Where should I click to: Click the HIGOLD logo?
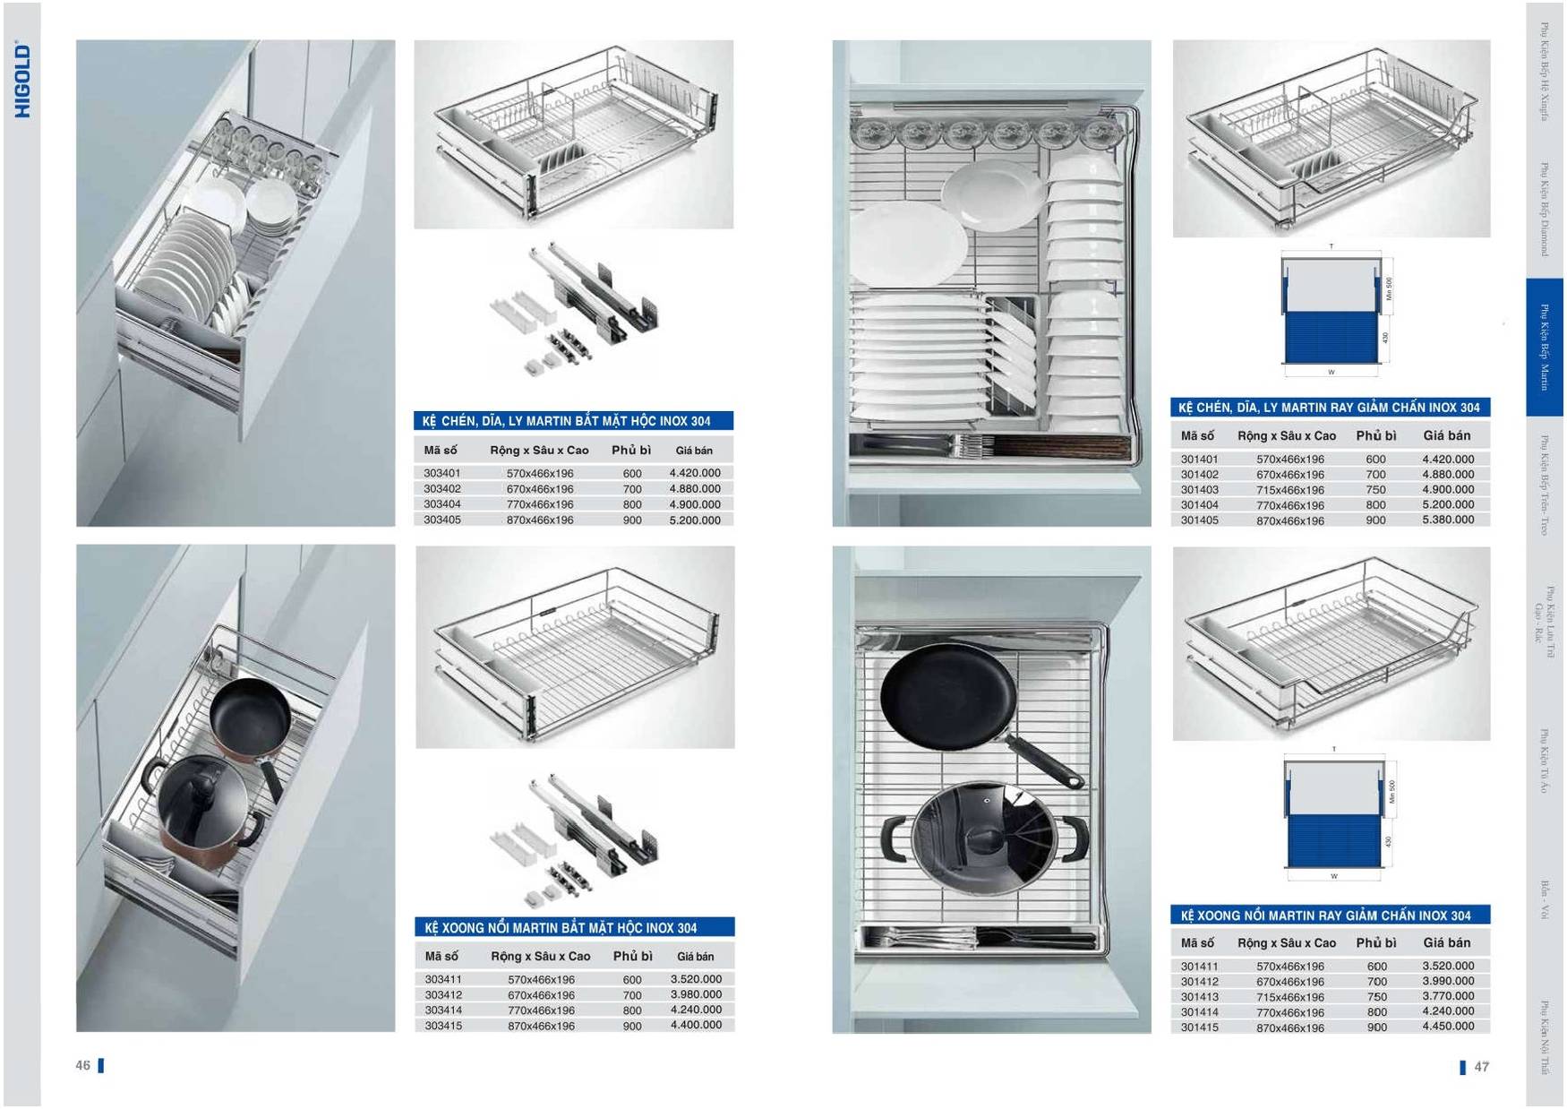pos(22,80)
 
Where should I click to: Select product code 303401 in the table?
pos(442,473)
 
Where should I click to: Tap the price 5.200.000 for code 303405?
pos(695,520)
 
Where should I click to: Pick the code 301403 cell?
pos(1199,490)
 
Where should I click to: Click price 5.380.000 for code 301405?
pos(1447,520)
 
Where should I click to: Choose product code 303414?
pos(443,1010)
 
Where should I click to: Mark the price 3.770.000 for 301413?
pos(1447,996)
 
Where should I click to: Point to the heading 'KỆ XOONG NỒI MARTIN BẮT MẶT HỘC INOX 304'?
pos(561,928)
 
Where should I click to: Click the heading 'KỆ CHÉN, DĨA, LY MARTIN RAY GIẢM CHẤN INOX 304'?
pos(1329,408)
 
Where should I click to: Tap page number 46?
pos(83,1065)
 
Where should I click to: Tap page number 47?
pos(1481,1066)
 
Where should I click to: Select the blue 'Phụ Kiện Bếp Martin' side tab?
pos(1544,347)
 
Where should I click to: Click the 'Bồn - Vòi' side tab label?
pos(1545,899)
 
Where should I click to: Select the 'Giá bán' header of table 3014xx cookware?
pos(1446,942)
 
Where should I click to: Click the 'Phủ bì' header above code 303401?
pos(631,450)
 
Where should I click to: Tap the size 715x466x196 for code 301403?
pos(1289,490)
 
